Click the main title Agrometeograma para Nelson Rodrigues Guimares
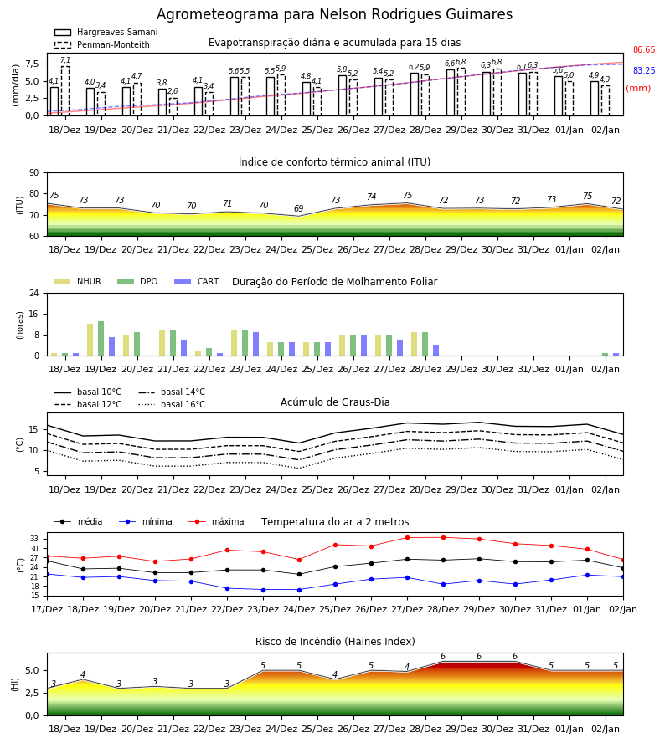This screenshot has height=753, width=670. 334,14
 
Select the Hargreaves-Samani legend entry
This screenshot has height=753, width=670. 106,32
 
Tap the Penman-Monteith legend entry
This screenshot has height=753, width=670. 102,44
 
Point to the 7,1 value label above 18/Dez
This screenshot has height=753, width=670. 65,60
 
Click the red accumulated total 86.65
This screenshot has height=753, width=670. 644,49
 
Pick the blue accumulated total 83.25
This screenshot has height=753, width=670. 644,70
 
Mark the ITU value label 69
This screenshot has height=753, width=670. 299,208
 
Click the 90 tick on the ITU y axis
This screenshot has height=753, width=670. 34,173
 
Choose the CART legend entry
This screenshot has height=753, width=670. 197,281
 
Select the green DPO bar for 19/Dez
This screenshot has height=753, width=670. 101,339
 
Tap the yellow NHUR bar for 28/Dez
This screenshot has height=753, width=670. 415,344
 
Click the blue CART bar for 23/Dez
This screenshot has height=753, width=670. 255,344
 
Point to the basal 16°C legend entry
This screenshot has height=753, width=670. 172,404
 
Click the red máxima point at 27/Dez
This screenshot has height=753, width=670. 408,537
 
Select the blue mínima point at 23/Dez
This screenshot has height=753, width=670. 263,590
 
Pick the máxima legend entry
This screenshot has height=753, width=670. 216,521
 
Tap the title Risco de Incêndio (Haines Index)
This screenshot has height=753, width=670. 335,642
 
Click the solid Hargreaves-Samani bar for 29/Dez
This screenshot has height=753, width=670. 451,93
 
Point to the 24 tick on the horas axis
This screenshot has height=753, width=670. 34,293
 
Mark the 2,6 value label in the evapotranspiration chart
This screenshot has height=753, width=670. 173,90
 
